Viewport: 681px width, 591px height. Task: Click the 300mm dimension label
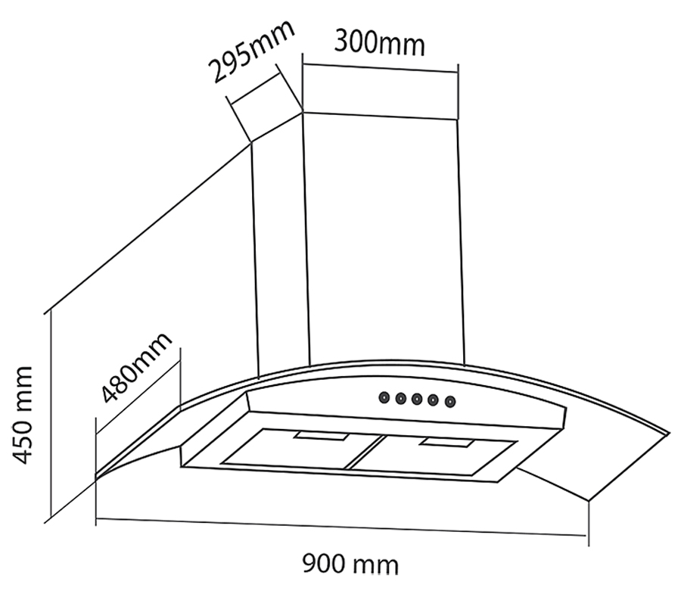click(379, 43)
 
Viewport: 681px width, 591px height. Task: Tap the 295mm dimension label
click(250, 54)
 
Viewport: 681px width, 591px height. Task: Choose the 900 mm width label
click(350, 564)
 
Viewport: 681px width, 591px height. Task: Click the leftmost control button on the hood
click(384, 397)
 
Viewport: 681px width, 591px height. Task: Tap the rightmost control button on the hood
click(450, 401)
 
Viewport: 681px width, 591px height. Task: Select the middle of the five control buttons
click(417, 398)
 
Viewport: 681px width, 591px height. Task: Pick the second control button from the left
click(400, 397)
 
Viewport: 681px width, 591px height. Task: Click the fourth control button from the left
click(434, 400)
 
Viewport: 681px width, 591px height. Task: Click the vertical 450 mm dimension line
click(49, 416)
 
